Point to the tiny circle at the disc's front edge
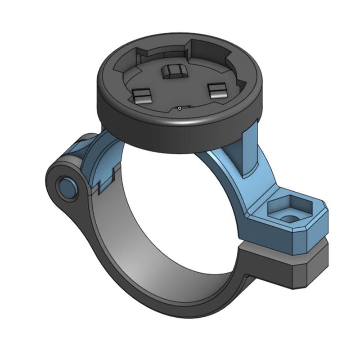[x=180, y=108]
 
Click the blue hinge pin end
[x=67, y=185]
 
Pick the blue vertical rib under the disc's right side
[x=247, y=157]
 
